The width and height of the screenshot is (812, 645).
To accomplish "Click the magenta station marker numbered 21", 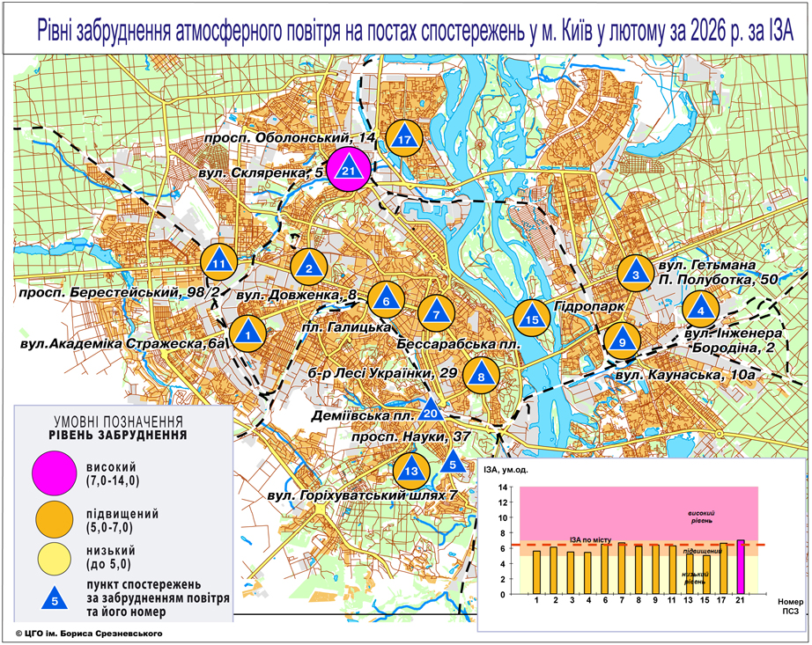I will pyautogui.click(x=350, y=169).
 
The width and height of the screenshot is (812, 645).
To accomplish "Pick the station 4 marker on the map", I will pyautogui.click(x=701, y=308).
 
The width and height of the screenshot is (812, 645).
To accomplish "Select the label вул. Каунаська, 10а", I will pyautogui.click(x=686, y=374).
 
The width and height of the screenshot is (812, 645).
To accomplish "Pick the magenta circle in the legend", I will pyautogui.click(x=54, y=473).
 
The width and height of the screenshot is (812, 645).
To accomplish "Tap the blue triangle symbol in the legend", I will pyautogui.click(x=55, y=600).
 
